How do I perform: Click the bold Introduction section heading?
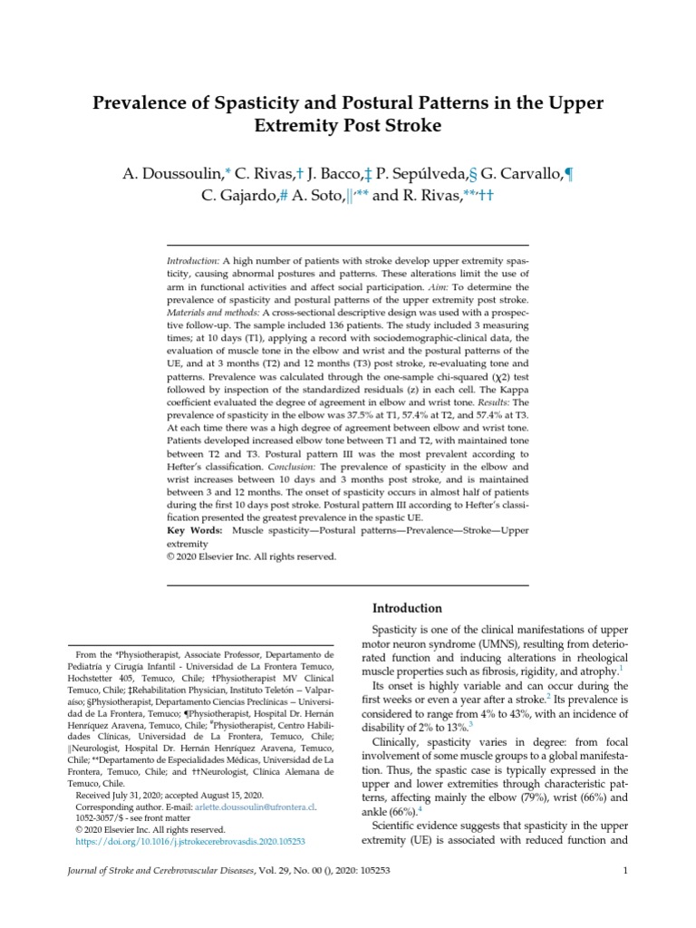point(407,608)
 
